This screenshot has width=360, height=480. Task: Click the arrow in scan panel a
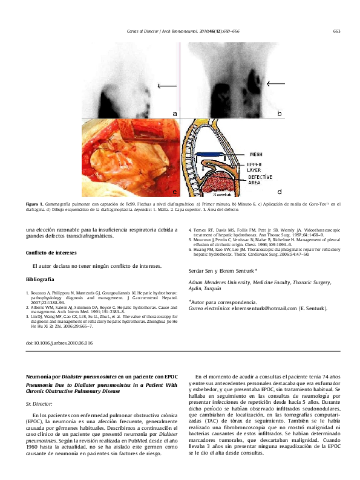pos(166,86)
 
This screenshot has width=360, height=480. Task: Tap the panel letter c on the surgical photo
pos(175,192)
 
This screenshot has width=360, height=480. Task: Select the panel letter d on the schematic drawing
pos(279,192)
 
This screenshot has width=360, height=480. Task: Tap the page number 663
pos(336,31)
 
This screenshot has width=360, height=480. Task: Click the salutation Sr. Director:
pos(39,402)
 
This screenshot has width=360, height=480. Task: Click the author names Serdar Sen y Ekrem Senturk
pos(223,271)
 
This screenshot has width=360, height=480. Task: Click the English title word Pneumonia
pos(41,384)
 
